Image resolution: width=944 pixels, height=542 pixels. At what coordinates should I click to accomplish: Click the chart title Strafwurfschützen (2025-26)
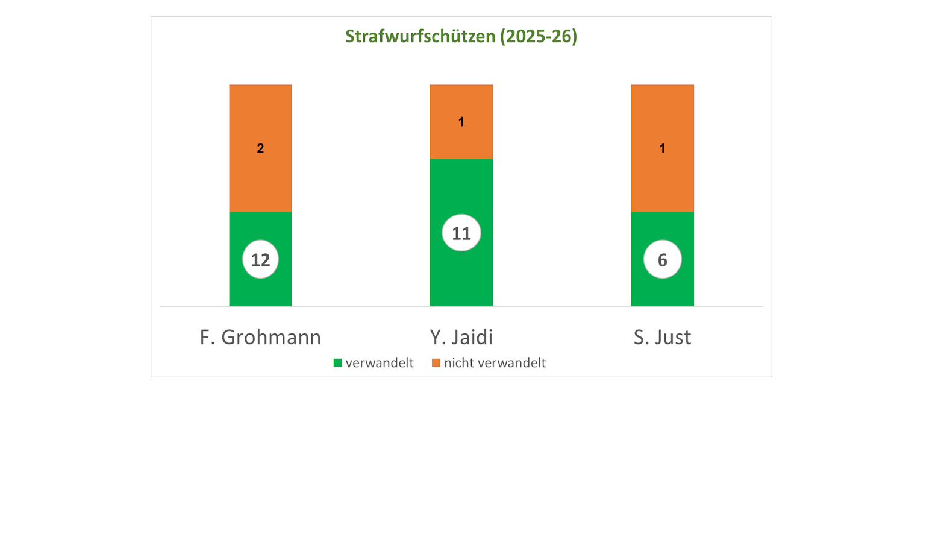coord(461,36)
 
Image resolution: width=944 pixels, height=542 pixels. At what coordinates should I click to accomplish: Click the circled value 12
coord(260,260)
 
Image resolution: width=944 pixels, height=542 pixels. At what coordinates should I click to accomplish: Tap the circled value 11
coord(461,233)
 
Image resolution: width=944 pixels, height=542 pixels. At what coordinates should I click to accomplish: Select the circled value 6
coord(662,260)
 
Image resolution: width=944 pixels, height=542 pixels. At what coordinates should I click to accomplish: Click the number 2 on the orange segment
coord(260,148)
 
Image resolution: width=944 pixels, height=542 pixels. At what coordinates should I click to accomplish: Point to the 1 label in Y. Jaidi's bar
coord(461,122)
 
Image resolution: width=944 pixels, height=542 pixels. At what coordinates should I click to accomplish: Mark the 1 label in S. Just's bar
coord(662,148)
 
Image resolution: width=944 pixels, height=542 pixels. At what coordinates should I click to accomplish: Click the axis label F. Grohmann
coord(260,337)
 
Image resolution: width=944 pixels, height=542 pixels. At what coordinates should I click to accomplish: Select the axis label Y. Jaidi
coord(461,337)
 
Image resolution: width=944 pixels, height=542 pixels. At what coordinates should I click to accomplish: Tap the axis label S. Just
coord(662,337)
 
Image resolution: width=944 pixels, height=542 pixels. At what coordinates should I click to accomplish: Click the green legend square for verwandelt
coord(337,363)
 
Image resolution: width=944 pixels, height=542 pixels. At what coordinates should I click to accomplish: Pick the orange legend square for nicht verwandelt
coord(436,363)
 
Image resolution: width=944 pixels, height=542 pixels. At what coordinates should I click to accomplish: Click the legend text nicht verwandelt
coord(495,363)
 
